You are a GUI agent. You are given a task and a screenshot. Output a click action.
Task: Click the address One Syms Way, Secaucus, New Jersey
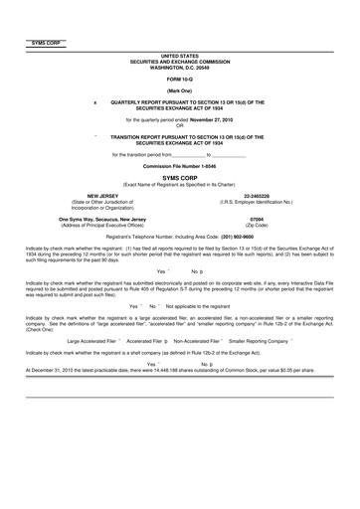75,219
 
